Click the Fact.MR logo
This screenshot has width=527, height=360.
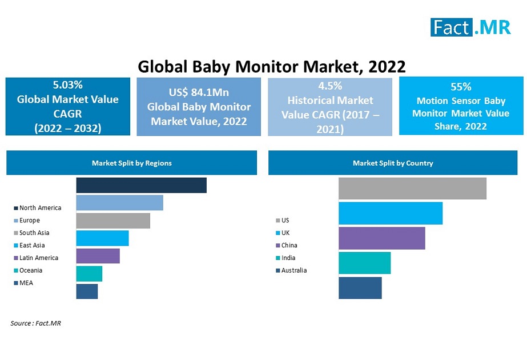tap(470, 27)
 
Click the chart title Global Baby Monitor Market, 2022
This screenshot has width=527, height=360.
tap(272, 67)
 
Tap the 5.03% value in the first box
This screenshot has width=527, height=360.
tap(68, 85)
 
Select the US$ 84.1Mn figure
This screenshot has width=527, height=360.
tap(199, 93)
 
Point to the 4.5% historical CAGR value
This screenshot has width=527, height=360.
tap(330, 86)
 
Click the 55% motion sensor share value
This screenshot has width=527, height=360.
tap(461, 87)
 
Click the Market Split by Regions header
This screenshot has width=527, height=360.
tap(132, 163)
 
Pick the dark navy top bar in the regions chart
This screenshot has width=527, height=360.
tap(141, 185)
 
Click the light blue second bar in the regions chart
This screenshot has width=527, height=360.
tap(119, 203)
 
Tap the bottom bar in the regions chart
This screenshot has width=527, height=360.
tap(87, 291)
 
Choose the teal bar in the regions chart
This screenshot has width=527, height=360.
tap(89, 274)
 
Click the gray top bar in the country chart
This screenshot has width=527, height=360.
tap(412, 189)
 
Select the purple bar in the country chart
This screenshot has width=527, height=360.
tap(381, 238)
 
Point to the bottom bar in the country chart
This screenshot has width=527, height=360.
tap(360, 288)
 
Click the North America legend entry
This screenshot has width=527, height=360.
tap(40, 208)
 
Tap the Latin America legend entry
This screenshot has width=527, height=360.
tap(38, 258)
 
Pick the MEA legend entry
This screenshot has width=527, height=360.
tap(26, 283)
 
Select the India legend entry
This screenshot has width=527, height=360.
tap(288, 258)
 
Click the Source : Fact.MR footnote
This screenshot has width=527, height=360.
tap(35, 323)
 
